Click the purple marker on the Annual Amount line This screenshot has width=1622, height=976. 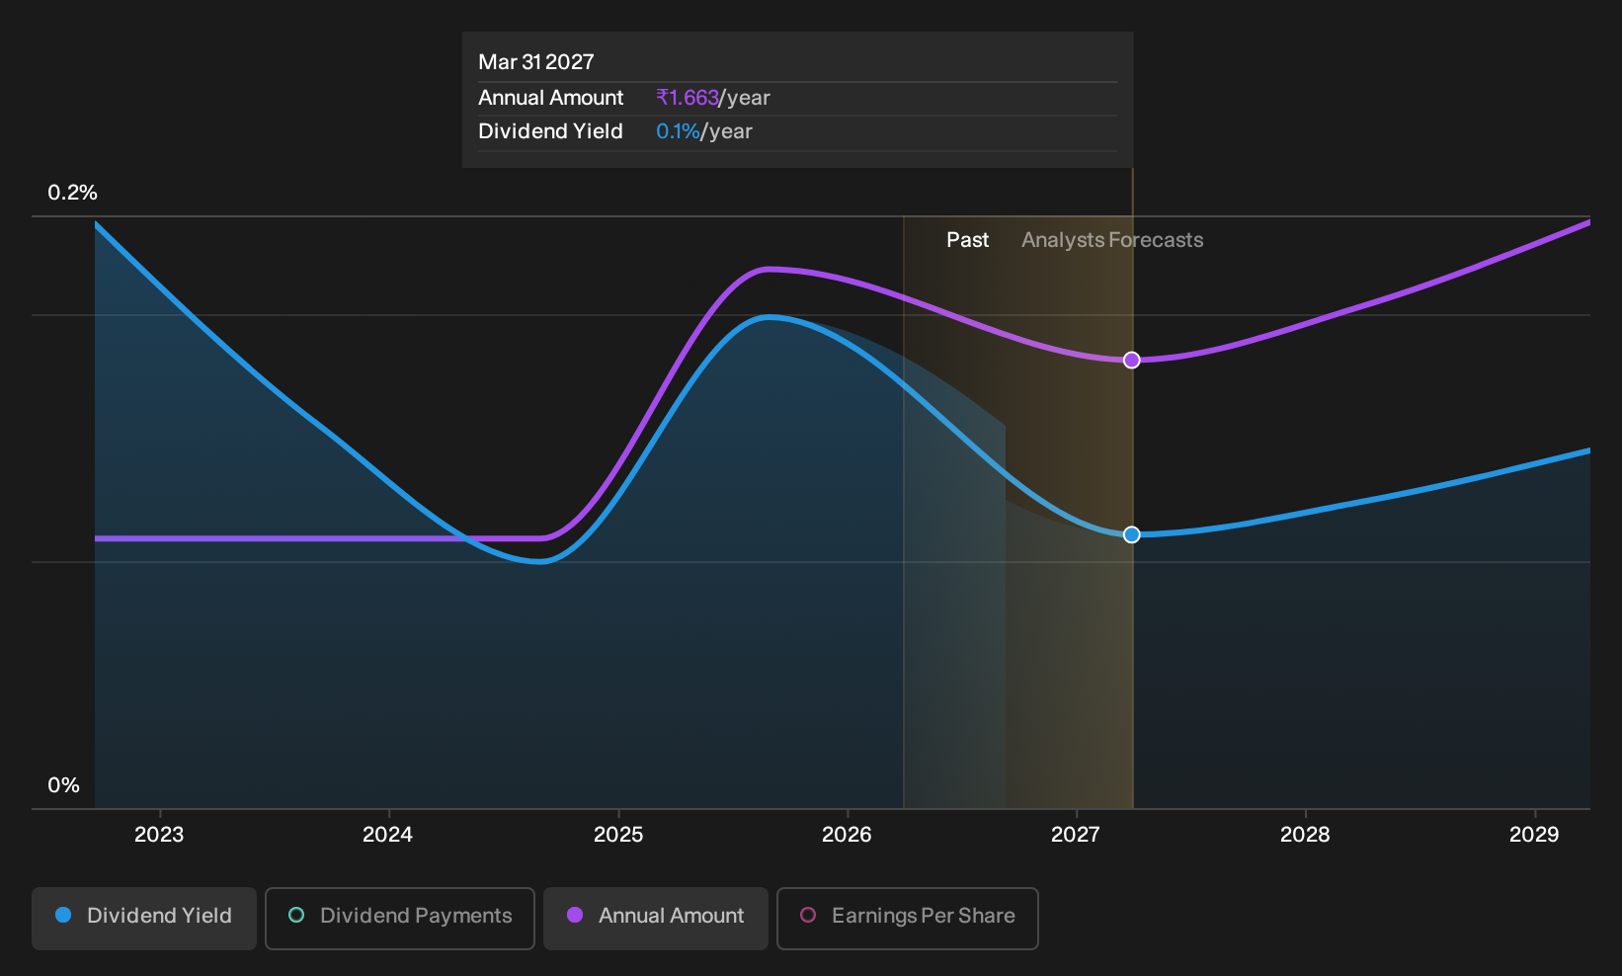coord(1132,360)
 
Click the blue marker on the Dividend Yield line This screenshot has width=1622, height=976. coord(1132,534)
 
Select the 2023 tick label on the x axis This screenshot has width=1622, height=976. coord(159,835)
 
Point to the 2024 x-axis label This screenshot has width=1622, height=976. coord(388,835)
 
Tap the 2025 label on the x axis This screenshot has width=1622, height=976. coord(618,835)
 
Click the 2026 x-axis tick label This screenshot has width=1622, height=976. coord(848,835)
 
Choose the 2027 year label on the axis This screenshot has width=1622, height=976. coord(1076,835)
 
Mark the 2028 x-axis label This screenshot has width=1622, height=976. coord(1306,835)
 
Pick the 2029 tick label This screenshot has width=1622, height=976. coord(1534,835)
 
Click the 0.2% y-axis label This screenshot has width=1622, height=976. coord(72,193)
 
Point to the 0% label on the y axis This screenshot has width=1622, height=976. coord(64,785)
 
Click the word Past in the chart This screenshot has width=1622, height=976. coord(967,240)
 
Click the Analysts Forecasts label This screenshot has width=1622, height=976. coord(1112,240)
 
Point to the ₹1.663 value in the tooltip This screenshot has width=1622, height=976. coord(688,98)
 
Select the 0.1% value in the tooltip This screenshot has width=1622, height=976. coord(678,131)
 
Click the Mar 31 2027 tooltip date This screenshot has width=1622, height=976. coord(535,62)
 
